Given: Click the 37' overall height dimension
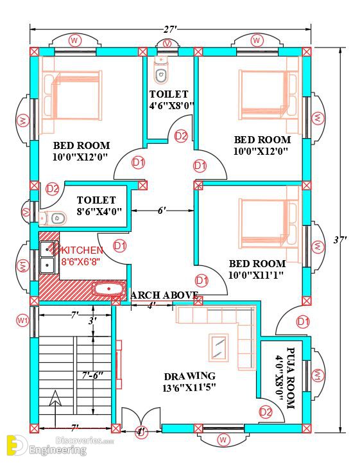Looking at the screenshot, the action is coord(340,240).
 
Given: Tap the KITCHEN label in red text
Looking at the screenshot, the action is coord(82,250).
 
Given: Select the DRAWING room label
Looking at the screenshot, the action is coord(190,376).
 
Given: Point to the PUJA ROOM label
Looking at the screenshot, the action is coord(291,378).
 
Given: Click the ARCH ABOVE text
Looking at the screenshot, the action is coord(164,295).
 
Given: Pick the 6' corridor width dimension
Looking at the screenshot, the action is coord(162,211).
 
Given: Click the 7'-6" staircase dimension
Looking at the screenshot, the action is coord(92,375).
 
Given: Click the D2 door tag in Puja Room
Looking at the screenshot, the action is coord(266,412).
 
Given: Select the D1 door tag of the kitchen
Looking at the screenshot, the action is coord(120,246).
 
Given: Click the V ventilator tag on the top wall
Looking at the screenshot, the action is coord(167,44).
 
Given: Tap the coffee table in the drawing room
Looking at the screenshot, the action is coord(219,347).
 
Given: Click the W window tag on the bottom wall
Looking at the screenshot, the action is coord(223,440).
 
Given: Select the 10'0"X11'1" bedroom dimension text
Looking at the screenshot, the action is coord(256,275).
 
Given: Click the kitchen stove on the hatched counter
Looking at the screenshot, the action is coord(108,288).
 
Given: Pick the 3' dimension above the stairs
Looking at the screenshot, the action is coord(92,320).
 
